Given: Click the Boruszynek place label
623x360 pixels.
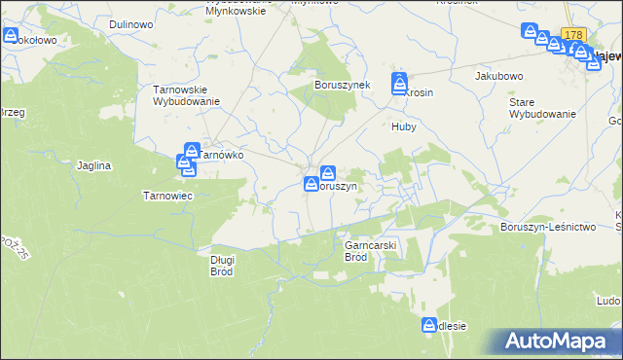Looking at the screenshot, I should coord(342,85).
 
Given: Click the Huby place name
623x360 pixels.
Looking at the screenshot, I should coord(404,126).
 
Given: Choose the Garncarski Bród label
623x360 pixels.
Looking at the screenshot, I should coord(370,251).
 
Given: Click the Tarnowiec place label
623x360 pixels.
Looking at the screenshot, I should coord(168,195).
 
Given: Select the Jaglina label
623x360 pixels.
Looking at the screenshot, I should coord(94,165).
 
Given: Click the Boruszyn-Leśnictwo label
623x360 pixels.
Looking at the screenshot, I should coord(547,227).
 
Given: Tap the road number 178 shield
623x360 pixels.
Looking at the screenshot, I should coord(572,34).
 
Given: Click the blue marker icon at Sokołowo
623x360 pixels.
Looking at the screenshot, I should coord(11,36).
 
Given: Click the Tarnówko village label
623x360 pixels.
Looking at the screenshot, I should coord(222,154).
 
